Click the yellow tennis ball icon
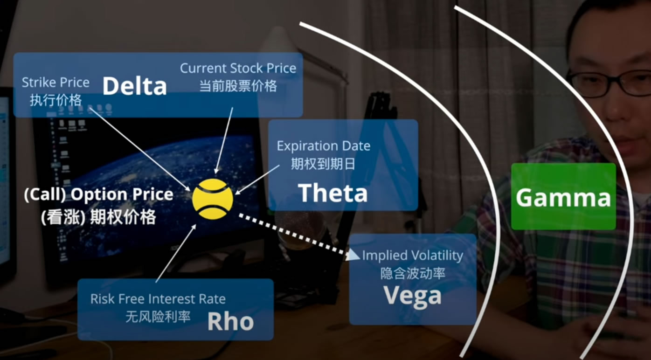pos(213,199)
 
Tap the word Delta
pos(135,86)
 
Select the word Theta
pos(333,193)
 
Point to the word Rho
pos(231,321)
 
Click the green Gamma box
pos(563,196)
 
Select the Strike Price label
pos(55,83)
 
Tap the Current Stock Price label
pos(238,69)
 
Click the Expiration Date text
pos(324,146)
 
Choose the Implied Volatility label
pos(413,256)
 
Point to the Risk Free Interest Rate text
pos(158,299)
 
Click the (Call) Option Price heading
pos(98,194)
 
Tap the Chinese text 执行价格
pos(56,100)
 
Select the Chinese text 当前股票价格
pos(238,86)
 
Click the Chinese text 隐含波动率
pos(413,273)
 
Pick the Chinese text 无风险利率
pos(158,317)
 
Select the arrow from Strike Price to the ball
pos(140,149)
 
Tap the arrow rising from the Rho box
pos(176,253)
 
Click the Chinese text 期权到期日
pos(323,164)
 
